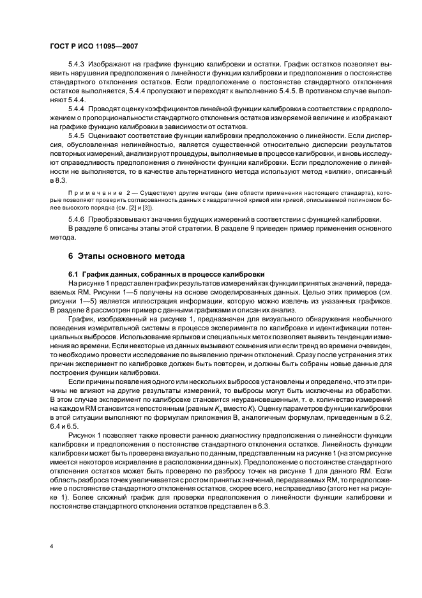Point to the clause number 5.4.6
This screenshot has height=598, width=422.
coord(77,220)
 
